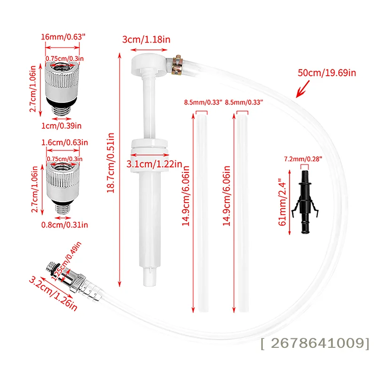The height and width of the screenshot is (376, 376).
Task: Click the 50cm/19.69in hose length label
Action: click(x=327, y=73)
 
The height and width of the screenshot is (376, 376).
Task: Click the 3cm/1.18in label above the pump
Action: click(x=146, y=39)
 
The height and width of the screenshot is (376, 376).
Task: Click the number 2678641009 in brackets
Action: click(x=315, y=344)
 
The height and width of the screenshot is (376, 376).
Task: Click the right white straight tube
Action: click(x=243, y=211)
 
